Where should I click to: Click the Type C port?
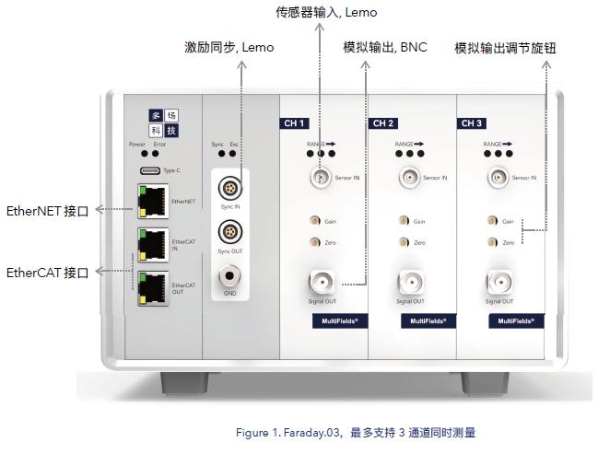[148, 171]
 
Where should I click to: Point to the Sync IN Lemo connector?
[227, 189]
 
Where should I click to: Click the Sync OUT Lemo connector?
[227, 231]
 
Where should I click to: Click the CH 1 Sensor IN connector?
[321, 177]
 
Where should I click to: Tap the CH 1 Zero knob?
[315, 242]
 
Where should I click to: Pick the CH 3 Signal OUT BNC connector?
[497, 281]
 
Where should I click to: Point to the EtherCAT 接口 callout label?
[48, 273]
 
